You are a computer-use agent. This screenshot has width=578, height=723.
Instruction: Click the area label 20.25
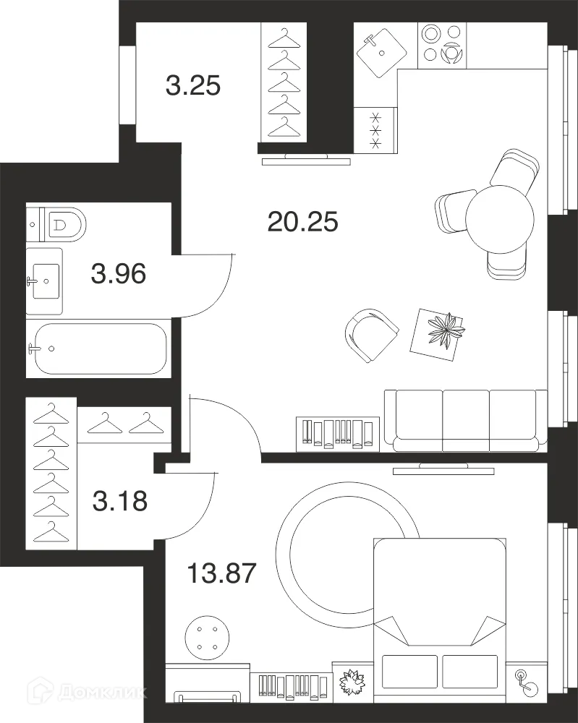302,221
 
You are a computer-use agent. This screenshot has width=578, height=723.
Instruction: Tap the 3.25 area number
193,86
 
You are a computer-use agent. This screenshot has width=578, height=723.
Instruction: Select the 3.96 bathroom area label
119,273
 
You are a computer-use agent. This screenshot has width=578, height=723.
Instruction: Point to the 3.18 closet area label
120,501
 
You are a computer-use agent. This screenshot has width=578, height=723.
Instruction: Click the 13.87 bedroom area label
221,573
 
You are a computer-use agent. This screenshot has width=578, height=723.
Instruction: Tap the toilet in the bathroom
56,225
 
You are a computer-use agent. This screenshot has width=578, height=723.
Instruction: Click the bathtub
98,348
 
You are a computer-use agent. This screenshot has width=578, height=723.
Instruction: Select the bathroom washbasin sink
44,281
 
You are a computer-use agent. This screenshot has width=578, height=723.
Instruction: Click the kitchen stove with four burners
442,45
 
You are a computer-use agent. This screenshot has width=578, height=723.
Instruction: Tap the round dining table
500,219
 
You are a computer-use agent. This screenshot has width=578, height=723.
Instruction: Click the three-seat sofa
466,421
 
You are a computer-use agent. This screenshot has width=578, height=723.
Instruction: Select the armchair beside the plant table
372,335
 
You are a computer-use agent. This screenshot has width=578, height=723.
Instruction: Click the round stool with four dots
208,638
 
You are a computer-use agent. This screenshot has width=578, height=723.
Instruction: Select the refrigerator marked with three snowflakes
375,130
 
